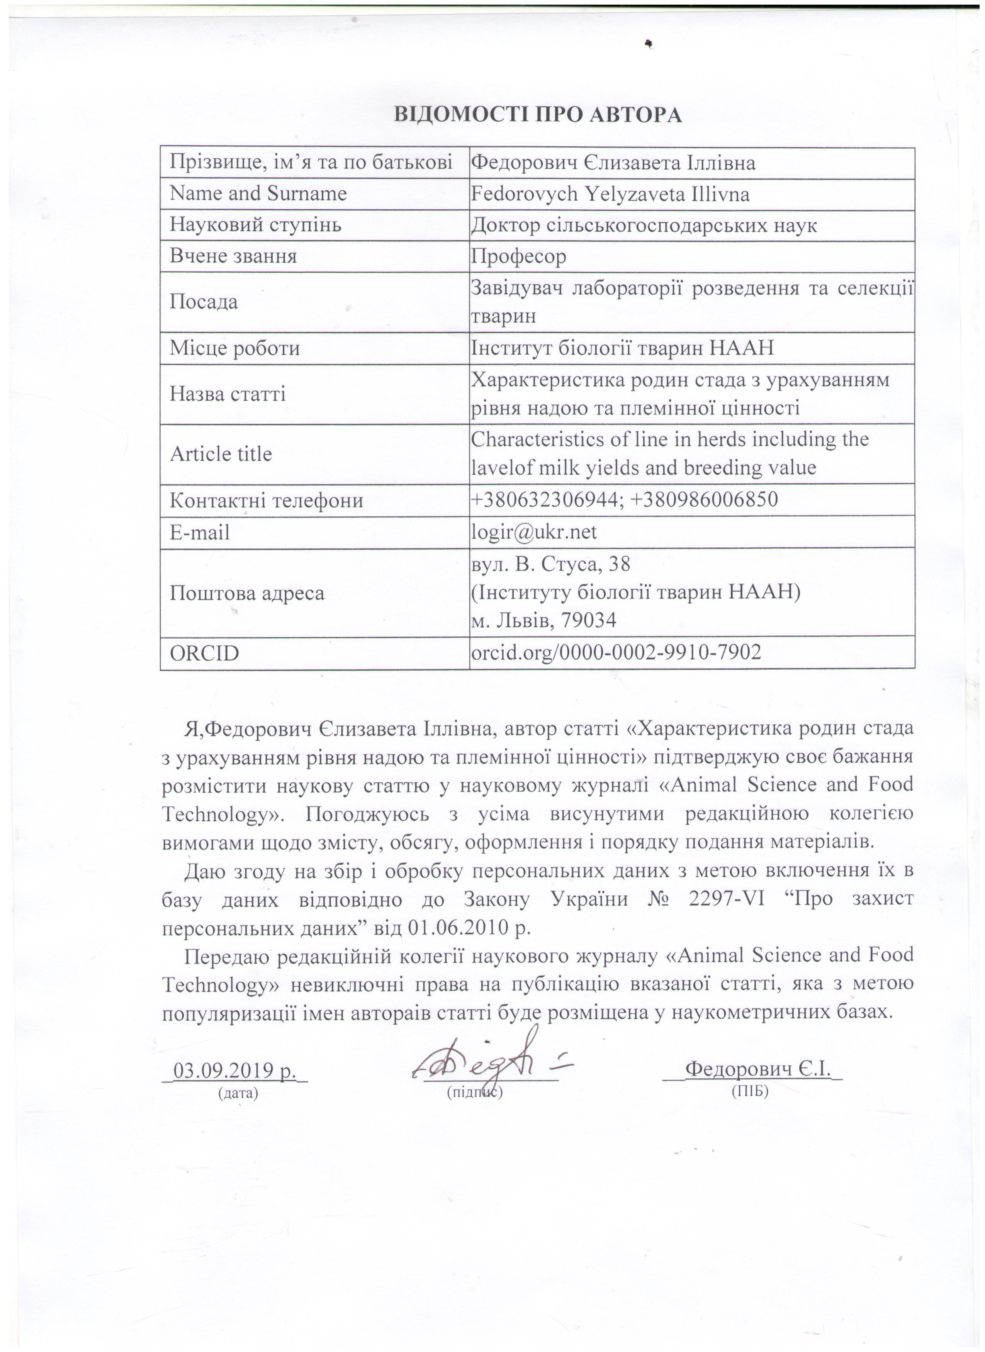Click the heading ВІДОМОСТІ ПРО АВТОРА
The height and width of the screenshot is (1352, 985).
click(x=537, y=115)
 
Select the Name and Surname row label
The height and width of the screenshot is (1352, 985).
click(x=258, y=194)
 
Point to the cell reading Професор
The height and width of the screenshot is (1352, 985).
click(x=518, y=257)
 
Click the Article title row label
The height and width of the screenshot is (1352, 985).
click(x=221, y=454)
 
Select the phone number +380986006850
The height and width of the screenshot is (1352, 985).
click(x=703, y=500)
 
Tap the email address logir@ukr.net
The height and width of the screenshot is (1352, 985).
click(x=534, y=532)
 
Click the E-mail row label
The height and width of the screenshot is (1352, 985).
click(x=200, y=532)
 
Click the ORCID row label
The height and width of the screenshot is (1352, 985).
click(x=204, y=654)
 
